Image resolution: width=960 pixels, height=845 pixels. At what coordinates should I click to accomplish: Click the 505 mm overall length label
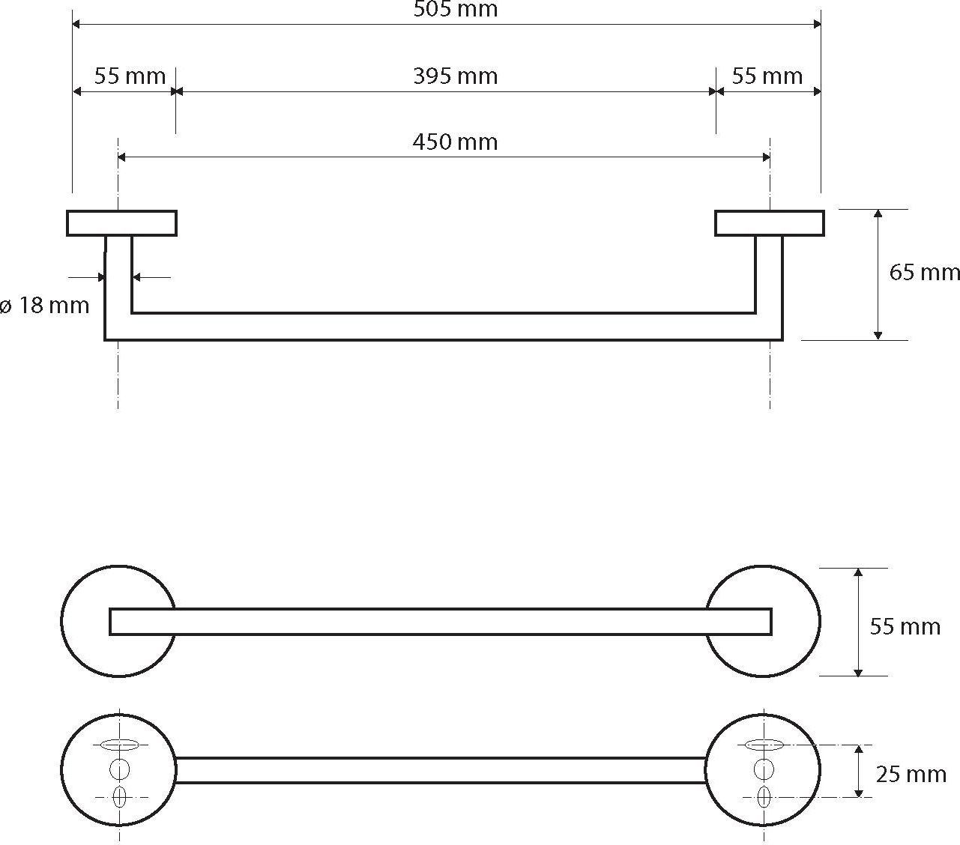[x=456, y=9]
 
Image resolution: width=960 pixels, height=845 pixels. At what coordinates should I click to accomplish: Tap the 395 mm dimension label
[x=456, y=76]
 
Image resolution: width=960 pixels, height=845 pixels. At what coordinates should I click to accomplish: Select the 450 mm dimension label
[x=455, y=142]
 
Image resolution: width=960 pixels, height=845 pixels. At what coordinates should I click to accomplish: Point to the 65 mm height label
[x=924, y=273]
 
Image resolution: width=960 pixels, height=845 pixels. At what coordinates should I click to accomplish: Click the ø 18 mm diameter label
[x=44, y=305]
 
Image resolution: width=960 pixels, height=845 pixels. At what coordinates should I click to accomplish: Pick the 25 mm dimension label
[x=911, y=775]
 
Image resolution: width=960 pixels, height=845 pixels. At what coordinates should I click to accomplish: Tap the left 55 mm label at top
[x=130, y=76]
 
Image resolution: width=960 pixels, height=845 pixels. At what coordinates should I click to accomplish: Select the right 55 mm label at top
[x=767, y=76]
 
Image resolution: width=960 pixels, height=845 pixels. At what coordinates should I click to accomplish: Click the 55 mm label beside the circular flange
[x=905, y=627]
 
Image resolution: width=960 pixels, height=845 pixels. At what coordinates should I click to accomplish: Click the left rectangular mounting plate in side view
[x=121, y=222]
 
